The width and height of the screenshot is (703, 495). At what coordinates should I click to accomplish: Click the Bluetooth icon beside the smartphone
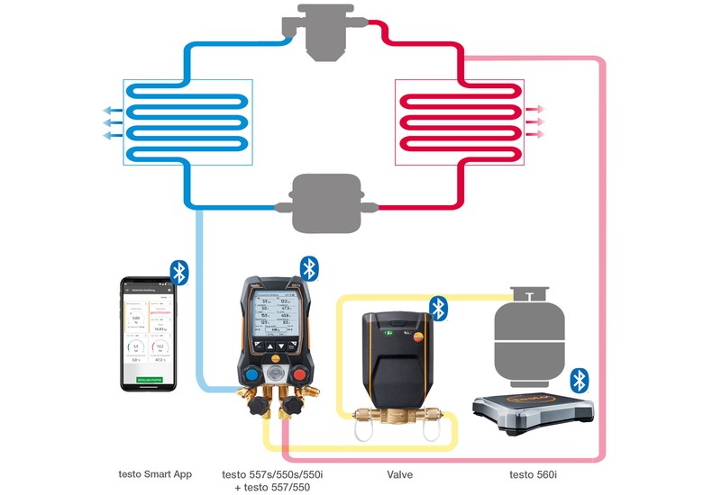[x=179, y=273]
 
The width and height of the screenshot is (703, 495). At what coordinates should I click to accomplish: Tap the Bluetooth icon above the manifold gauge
[x=309, y=268]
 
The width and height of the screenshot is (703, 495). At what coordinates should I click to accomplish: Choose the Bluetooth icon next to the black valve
[x=439, y=309]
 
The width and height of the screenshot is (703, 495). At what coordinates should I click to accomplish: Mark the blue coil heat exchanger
[x=187, y=121]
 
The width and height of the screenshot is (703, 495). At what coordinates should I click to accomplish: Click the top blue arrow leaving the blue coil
[x=112, y=110]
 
